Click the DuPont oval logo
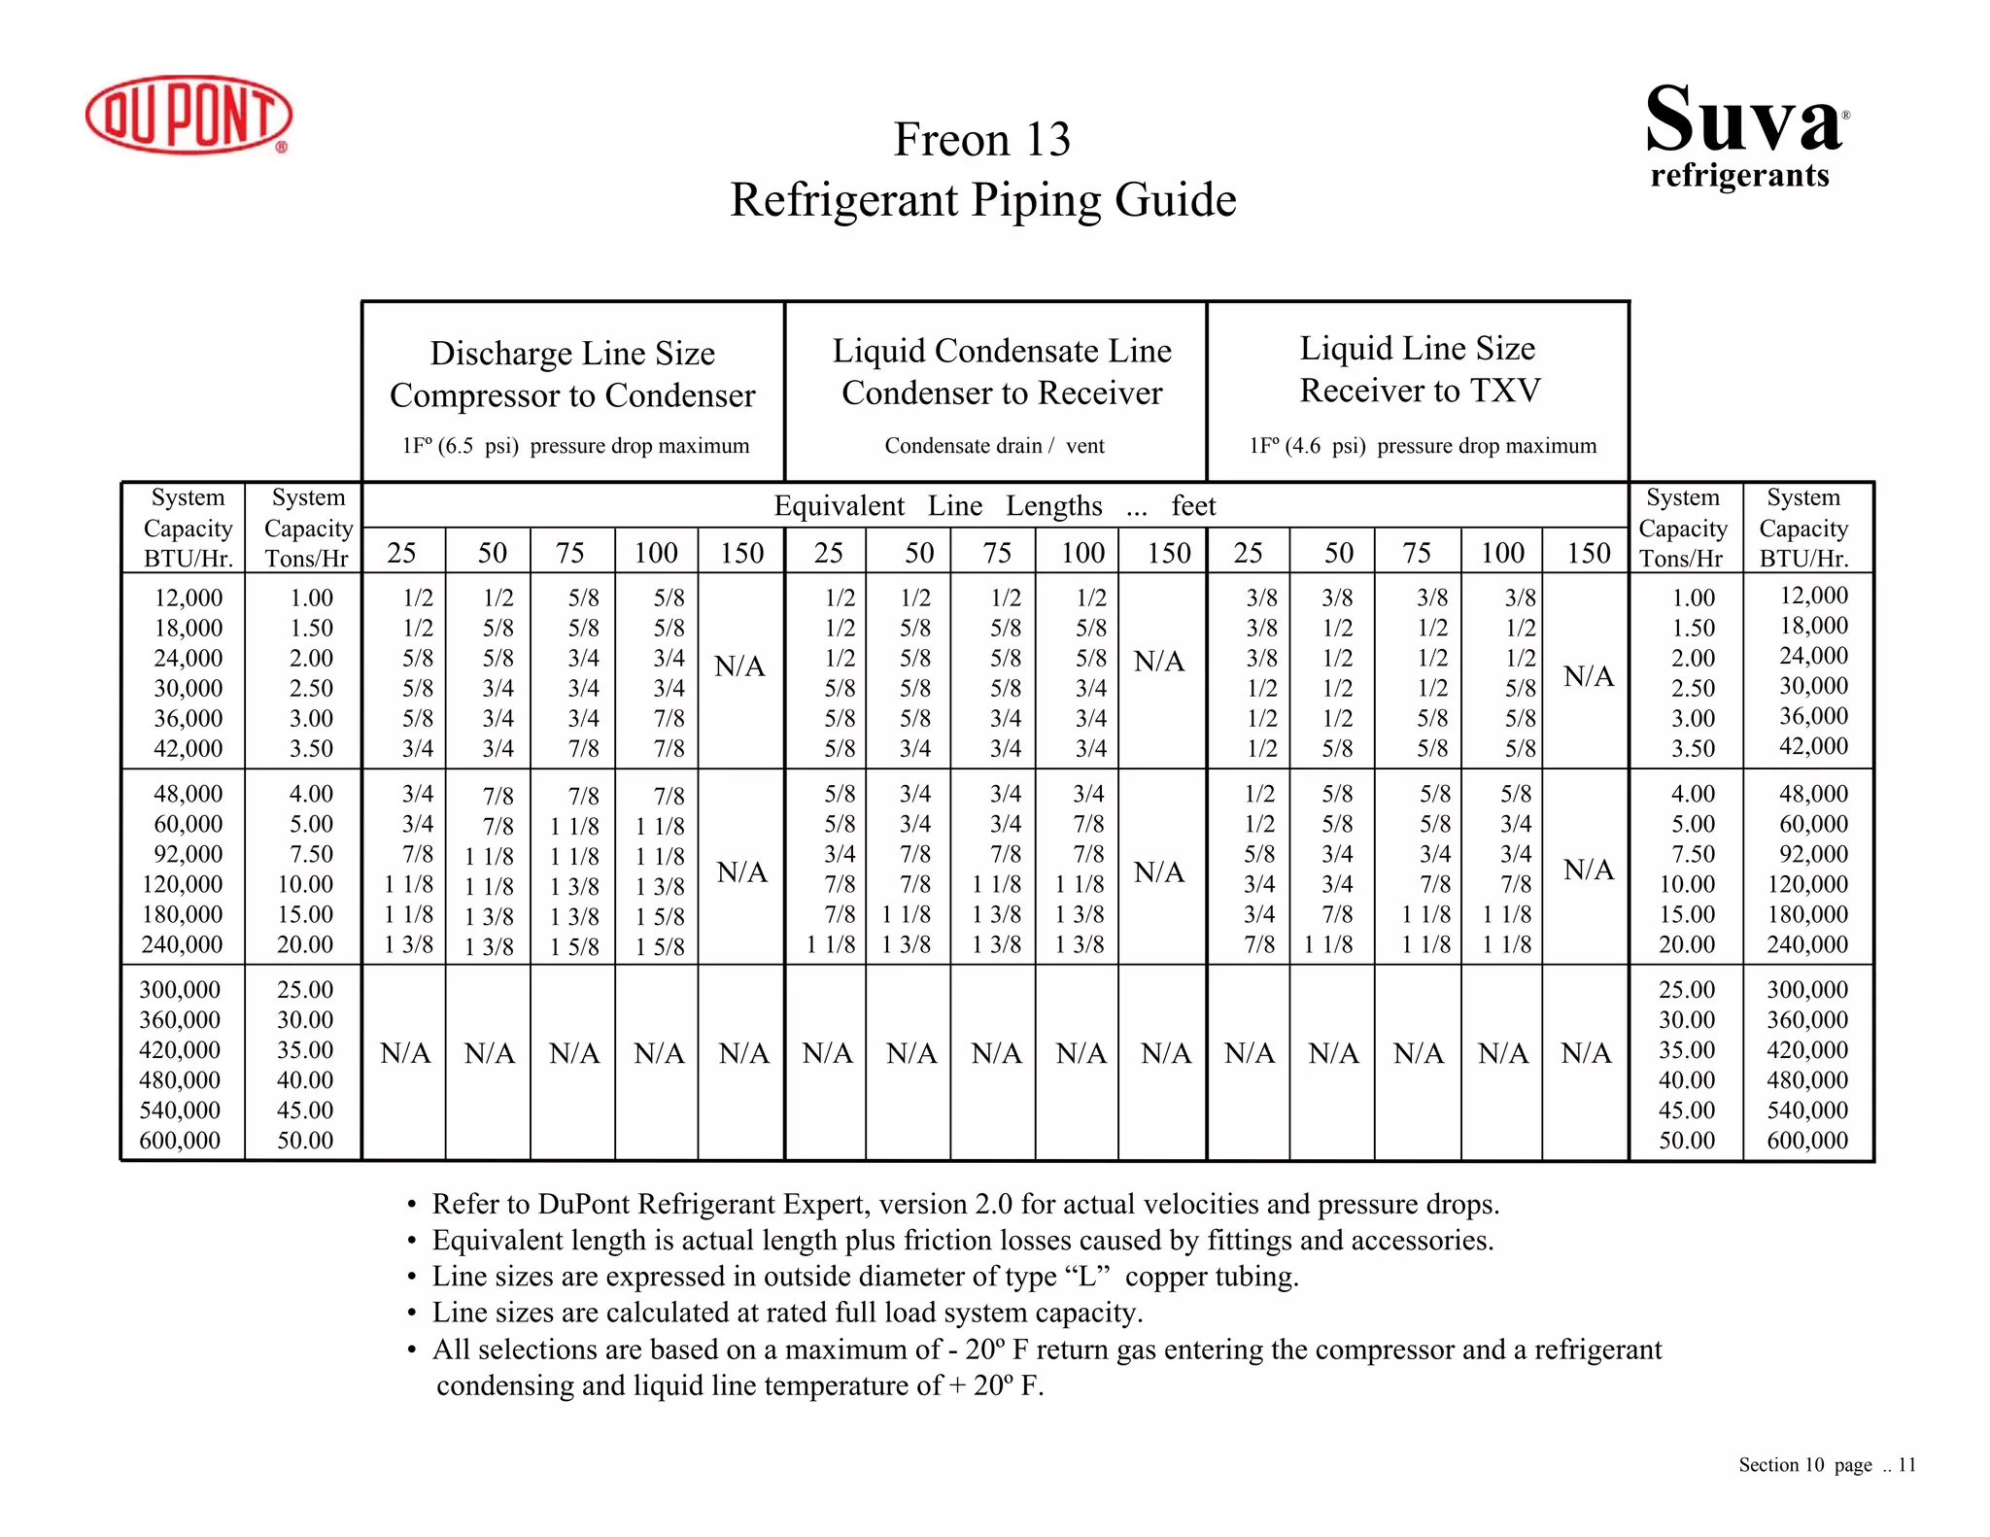click(x=189, y=115)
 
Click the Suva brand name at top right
click(x=1743, y=120)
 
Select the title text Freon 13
click(x=981, y=139)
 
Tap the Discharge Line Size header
click(x=572, y=353)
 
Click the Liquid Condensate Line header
click(x=1002, y=351)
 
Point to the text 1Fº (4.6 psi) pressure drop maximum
click(x=1423, y=446)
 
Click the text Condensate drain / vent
click(x=994, y=446)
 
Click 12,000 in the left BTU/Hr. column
click(x=188, y=598)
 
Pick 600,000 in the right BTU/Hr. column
click(x=1806, y=1140)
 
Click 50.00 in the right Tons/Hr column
click(x=1686, y=1140)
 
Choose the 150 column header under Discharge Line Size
click(x=741, y=553)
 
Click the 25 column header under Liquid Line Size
click(x=1248, y=553)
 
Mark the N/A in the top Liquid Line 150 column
click(x=1588, y=675)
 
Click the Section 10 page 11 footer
click(x=1827, y=1465)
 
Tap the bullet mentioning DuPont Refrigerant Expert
click(x=965, y=1205)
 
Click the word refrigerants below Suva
click(x=1739, y=175)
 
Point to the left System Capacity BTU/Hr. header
click(x=188, y=528)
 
